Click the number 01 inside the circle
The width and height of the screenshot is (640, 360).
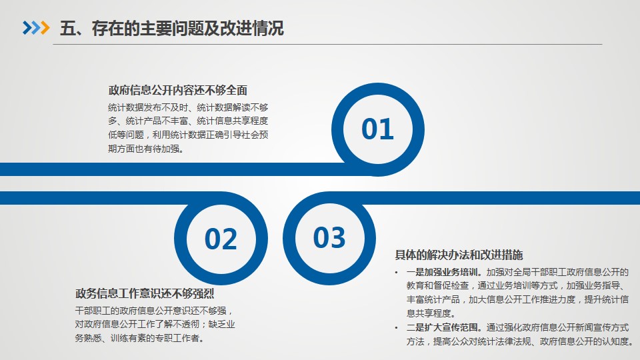377,129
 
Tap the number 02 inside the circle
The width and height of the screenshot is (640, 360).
221,239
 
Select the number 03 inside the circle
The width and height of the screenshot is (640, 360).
329,237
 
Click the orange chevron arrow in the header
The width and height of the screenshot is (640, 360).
45,28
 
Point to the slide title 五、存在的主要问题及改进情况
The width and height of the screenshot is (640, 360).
172,28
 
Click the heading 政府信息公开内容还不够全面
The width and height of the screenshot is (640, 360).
178,90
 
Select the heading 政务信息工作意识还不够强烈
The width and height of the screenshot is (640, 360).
145,293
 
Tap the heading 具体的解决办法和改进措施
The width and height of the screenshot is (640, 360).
459,255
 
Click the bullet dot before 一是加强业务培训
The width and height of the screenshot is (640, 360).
396,273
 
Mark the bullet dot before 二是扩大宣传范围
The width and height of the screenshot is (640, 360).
396,328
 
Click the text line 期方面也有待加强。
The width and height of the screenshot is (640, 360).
147,149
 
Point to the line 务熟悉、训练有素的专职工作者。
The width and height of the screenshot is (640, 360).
140,338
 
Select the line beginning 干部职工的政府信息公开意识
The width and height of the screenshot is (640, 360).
154,311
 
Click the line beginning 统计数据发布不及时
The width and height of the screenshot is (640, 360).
188,107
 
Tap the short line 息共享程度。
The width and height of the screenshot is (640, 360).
431,313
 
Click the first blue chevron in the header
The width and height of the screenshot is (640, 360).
27,28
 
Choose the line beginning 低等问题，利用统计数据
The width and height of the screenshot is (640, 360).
188,135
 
